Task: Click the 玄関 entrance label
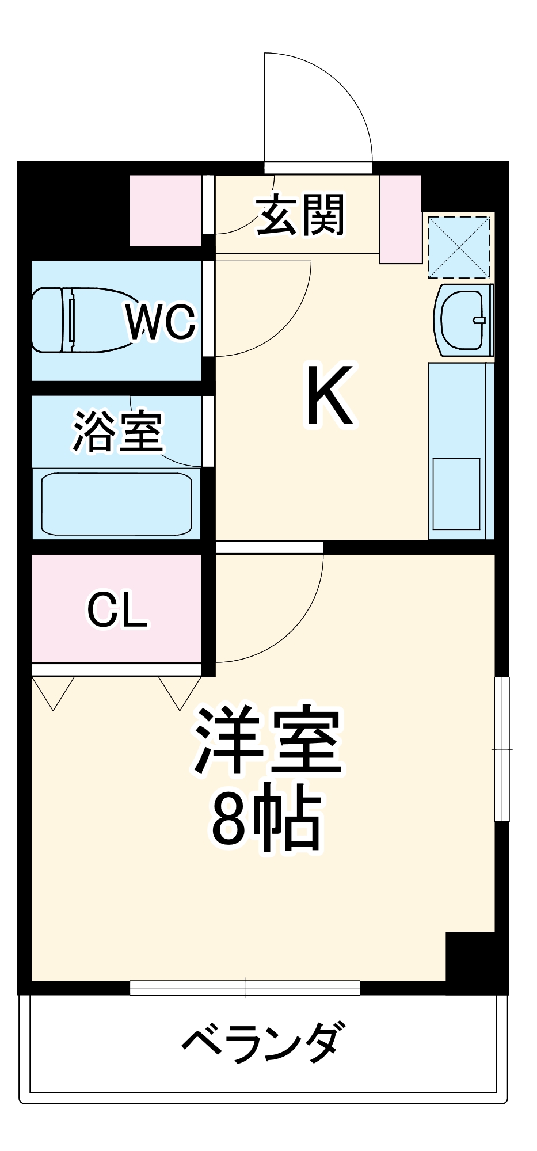(x=300, y=215)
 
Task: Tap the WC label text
(x=161, y=322)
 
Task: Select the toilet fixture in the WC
(x=81, y=320)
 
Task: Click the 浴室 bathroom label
(x=119, y=431)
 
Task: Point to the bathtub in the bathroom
(x=116, y=504)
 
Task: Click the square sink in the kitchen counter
(x=456, y=494)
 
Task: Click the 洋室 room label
(x=268, y=741)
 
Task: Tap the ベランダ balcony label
(x=264, y=1042)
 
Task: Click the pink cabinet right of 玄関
(x=401, y=219)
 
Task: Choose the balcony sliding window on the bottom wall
(x=245, y=988)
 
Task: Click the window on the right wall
(x=502, y=749)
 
